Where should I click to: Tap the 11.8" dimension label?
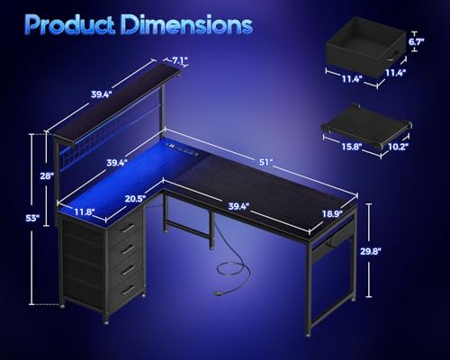pyautogui.click(x=85, y=213)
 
